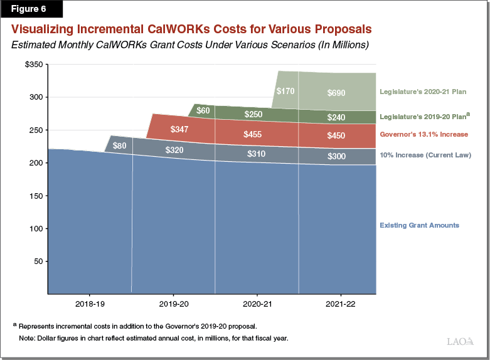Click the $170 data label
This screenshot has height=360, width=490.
tap(285, 91)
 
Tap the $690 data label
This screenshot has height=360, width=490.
tap(336, 93)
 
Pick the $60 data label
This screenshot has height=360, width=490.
tap(203, 111)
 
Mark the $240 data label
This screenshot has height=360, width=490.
tap(336, 118)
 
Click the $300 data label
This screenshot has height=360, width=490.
tap(336, 156)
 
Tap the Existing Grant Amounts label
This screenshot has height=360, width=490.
tap(419, 225)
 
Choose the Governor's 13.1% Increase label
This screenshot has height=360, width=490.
tap(423, 134)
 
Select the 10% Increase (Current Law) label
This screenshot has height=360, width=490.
tap(425, 154)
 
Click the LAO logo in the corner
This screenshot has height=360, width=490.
tap(460, 342)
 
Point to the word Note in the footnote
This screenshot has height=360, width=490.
tap(28, 339)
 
